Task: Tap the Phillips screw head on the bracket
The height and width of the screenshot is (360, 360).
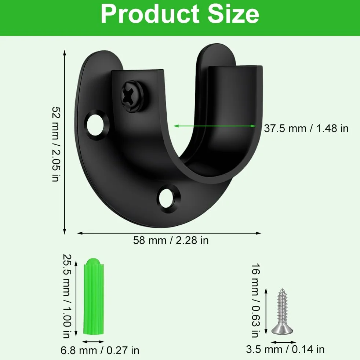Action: pyautogui.click(x=132, y=97)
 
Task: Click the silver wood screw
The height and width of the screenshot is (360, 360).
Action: pyautogui.click(x=283, y=311)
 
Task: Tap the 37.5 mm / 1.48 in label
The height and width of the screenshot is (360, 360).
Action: pyautogui.click(x=306, y=128)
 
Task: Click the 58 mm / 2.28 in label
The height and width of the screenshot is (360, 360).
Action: pyautogui.click(x=171, y=240)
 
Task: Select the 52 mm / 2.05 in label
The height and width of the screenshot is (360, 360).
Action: pyautogui.click(x=56, y=144)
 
